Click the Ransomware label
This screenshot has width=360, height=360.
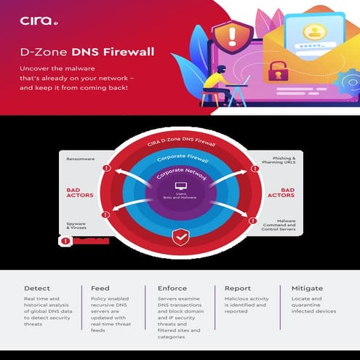80,158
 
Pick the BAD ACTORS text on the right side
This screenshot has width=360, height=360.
281,192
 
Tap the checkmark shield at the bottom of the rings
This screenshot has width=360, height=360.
180,236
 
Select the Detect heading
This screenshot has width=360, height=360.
36,289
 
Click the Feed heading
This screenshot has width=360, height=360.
100,289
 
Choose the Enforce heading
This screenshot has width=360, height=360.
172,289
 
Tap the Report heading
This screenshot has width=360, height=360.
238,289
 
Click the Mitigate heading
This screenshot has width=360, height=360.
307,289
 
